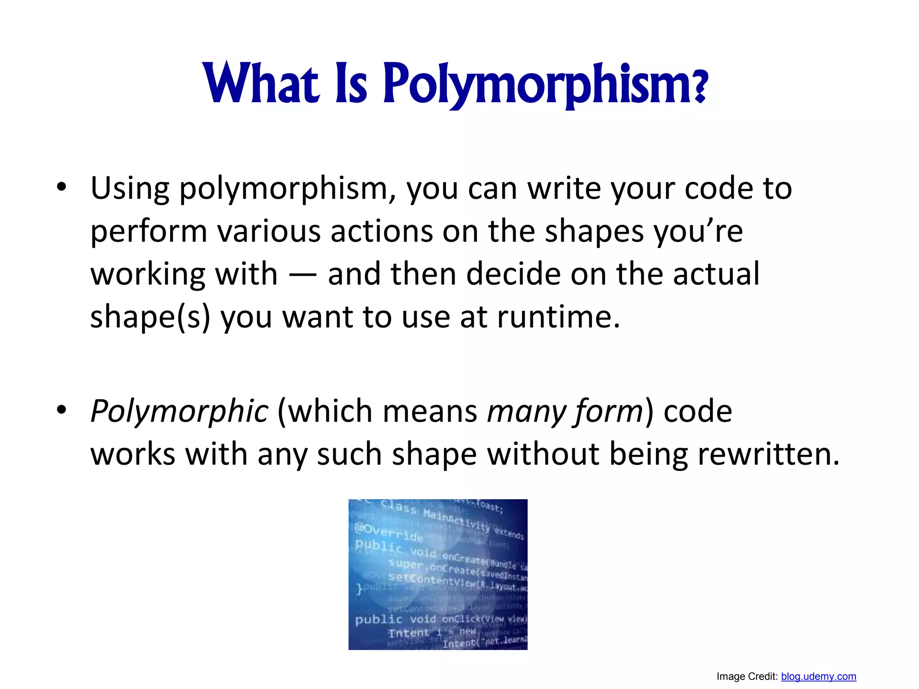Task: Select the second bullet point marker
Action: [61, 409]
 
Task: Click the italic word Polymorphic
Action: [179, 411]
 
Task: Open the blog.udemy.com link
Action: [818, 676]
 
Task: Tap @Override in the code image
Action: [389, 532]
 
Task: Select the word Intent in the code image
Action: [408, 633]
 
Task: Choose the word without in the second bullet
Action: [543, 454]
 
